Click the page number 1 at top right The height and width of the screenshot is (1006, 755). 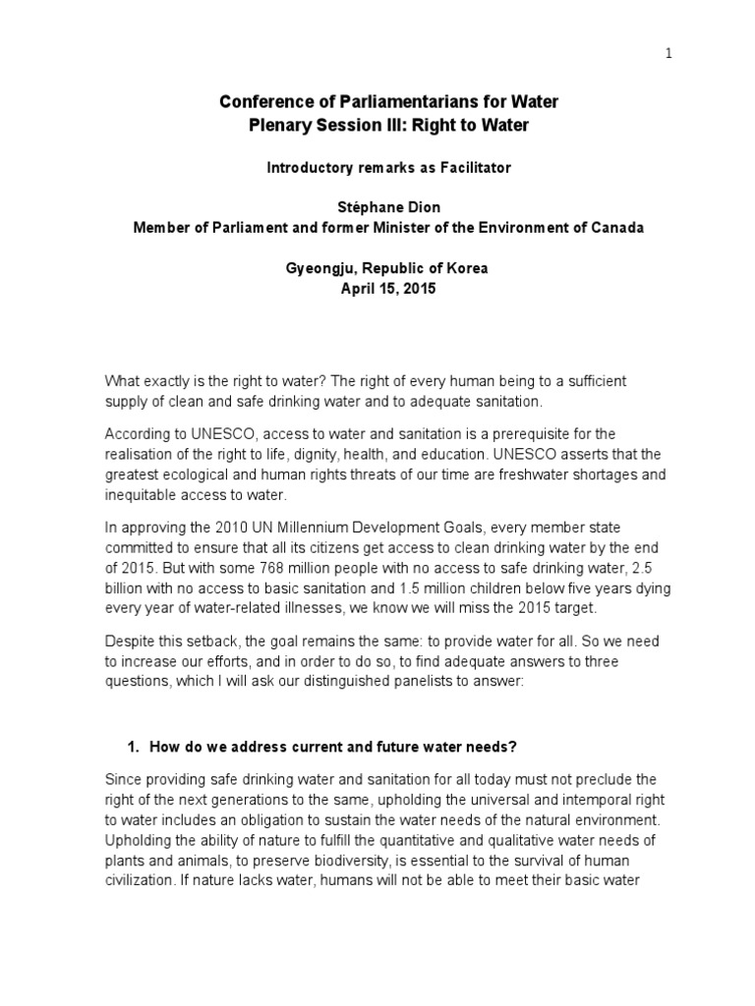coord(669,55)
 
